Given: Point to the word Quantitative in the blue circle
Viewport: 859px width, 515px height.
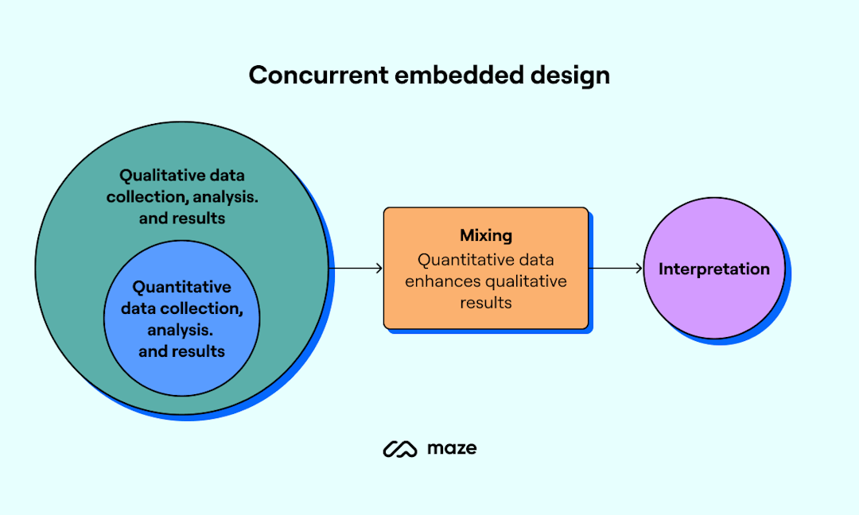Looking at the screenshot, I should click(181, 287).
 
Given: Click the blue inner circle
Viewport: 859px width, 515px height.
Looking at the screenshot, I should click(182, 374).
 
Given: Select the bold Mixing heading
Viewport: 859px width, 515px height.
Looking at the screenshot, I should click(486, 235).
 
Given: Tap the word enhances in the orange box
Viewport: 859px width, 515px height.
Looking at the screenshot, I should click(451, 281).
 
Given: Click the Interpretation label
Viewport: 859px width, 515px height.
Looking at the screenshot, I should click(713, 269).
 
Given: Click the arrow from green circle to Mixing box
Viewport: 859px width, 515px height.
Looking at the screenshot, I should click(356, 269).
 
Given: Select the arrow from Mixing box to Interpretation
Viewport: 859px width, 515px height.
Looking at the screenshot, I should click(616, 269).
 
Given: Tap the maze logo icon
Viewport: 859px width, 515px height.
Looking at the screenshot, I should click(400, 449).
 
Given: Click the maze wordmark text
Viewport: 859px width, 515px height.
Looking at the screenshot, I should click(452, 448).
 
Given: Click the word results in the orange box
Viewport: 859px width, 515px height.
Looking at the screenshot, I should click(486, 303).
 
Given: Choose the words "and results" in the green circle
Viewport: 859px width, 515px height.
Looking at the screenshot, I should click(181, 218).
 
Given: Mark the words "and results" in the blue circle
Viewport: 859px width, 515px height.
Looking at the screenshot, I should click(181, 351).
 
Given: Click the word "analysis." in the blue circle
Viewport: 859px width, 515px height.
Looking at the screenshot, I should click(181, 330).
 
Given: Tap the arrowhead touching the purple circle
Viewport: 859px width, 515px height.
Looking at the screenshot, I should click(639, 269).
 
